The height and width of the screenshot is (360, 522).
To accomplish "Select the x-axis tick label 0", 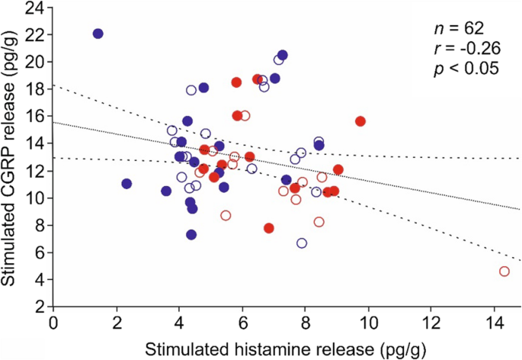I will pos(53,323).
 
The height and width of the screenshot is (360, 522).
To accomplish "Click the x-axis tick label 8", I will pos(304,323).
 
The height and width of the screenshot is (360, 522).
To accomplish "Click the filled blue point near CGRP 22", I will pos(98,34).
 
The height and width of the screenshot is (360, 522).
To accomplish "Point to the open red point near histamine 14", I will pos(504,271).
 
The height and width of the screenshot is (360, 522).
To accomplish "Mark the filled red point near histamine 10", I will pos(360,121).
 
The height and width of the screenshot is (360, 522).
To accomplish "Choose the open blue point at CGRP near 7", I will pos(302,243).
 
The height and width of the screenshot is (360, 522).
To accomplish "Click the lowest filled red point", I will pos(268,228).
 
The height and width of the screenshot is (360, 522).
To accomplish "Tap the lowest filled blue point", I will pos(191,234).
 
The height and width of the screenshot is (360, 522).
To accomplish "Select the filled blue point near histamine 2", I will pos(126,183).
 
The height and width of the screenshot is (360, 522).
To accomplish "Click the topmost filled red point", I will pos(236,82).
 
